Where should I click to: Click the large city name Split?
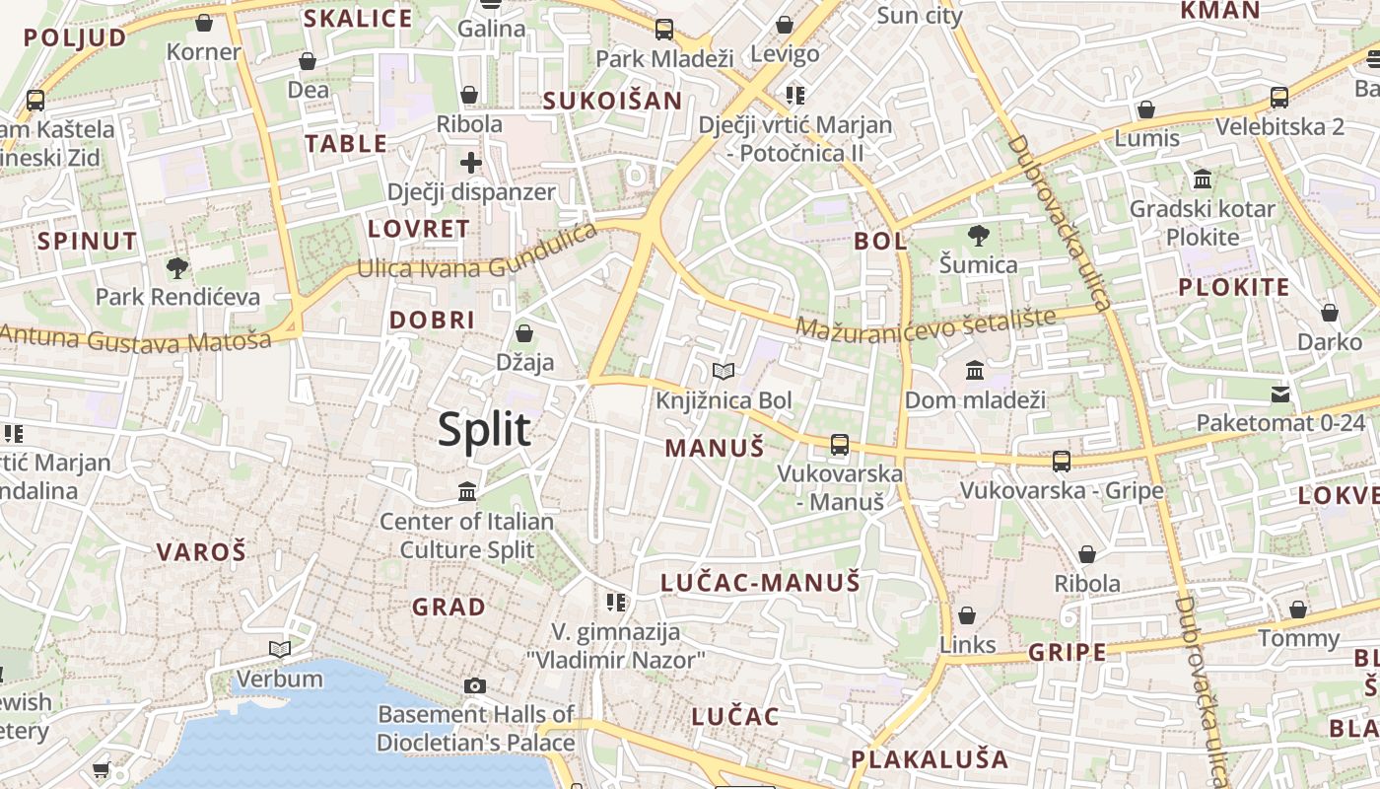point(484,430)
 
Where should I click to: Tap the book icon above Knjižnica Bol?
point(724,371)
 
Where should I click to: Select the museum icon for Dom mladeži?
point(975,370)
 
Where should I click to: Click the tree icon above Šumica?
point(978,235)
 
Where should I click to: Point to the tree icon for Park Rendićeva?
point(177,266)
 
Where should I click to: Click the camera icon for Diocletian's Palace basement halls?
point(475,685)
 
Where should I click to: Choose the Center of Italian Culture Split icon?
point(467,490)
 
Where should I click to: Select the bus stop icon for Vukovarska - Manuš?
point(840,444)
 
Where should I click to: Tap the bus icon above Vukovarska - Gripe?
point(1062,461)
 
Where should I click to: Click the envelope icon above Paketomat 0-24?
point(1280,394)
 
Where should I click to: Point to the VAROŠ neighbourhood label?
point(201,552)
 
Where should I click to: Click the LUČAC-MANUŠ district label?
point(760,582)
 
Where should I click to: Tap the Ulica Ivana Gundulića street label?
point(478,253)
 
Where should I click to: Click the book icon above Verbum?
point(280,649)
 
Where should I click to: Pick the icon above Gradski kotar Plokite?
point(1203,179)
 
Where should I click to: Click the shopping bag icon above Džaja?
point(524,332)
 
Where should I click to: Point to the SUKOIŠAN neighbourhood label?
point(612,101)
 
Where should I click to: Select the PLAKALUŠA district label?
point(930,759)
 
